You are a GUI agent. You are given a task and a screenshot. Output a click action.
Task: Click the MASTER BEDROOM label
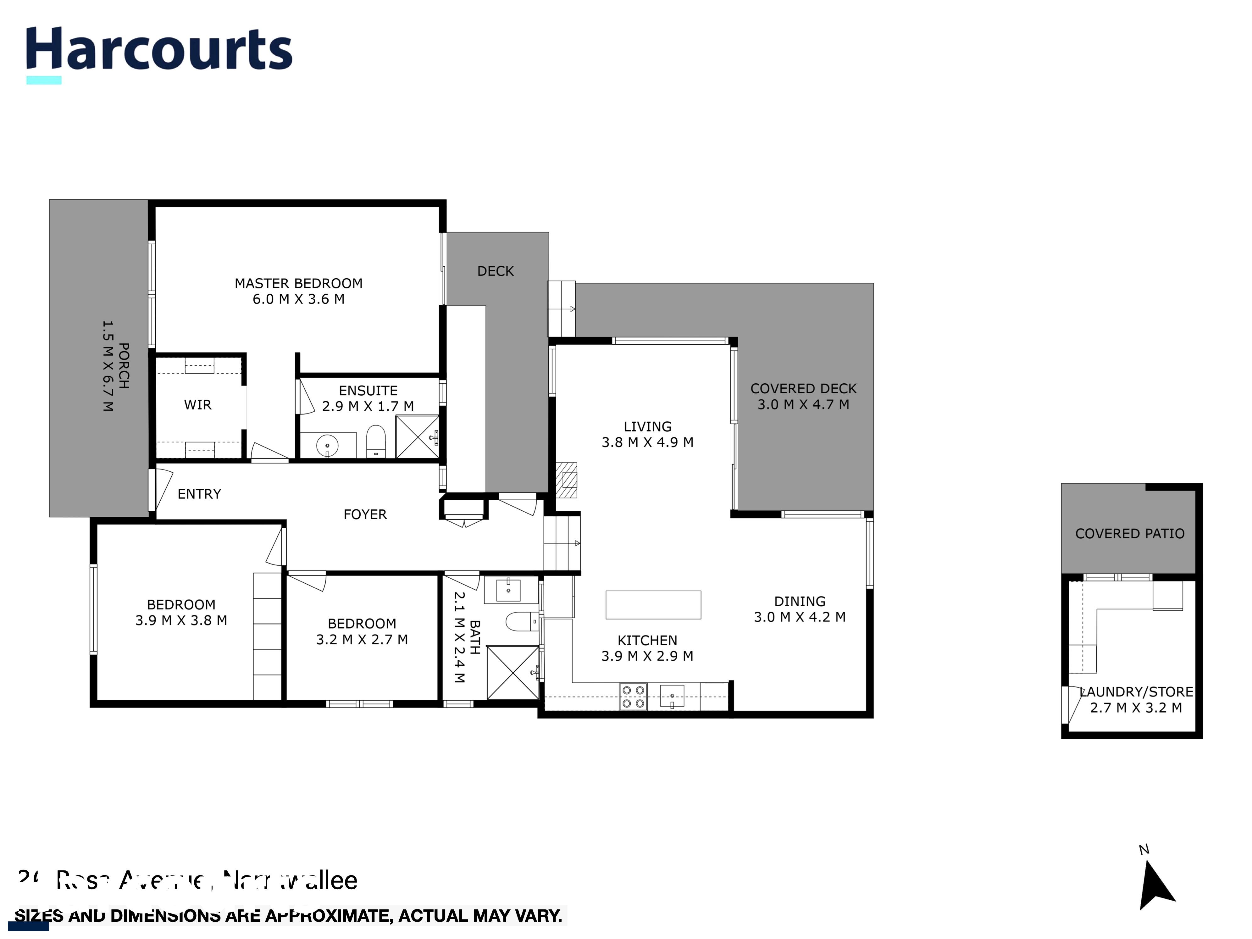[298, 283]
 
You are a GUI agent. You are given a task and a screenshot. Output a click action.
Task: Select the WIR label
[197, 405]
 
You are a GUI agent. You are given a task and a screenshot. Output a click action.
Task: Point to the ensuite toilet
[376, 442]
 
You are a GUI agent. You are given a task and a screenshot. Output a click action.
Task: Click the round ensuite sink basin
[327, 446]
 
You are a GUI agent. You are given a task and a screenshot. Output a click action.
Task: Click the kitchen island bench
[653, 604]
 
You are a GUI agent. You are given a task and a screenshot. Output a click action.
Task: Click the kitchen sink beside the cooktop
[672, 696]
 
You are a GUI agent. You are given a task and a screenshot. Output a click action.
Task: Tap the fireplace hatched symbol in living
[567, 480]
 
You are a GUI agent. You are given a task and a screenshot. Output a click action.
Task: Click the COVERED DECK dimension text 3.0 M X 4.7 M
[803, 404]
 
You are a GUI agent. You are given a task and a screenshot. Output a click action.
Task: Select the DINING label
[799, 601]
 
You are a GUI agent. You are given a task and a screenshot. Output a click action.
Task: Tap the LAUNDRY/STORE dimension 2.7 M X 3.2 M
[1136, 708]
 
